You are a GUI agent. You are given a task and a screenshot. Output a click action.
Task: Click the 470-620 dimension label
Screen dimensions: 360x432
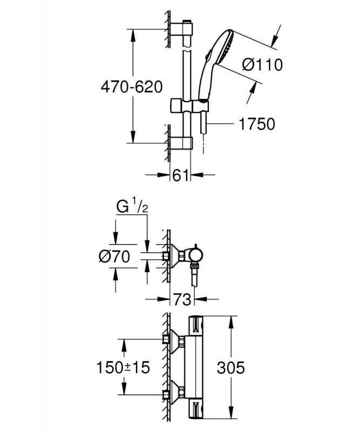pyautogui.click(x=132, y=87)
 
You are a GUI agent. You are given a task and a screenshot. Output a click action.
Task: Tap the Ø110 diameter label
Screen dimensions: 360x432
pyautogui.click(x=262, y=65)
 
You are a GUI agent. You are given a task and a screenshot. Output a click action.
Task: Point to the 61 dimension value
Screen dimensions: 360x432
pyautogui.click(x=180, y=175)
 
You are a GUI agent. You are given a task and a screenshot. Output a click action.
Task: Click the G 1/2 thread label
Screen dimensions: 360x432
pyautogui.click(x=132, y=207)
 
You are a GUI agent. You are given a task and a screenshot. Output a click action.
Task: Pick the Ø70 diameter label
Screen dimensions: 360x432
pyautogui.click(x=114, y=257)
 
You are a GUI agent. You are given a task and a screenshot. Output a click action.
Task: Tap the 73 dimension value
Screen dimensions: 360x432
pyautogui.click(x=182, y=299)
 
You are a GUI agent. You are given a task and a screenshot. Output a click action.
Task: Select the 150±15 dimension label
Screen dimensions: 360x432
pyautogui.click(x=123, y=368)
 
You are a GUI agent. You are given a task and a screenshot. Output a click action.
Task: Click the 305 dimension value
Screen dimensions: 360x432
pyautogui.click(x=231, y=368)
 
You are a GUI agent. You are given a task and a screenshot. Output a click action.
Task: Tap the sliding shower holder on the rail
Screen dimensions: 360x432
pyautogui.click(x=189, y=106)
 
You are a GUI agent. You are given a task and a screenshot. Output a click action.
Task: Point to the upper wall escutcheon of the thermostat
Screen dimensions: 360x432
pyautogui.click(x=174, y=341)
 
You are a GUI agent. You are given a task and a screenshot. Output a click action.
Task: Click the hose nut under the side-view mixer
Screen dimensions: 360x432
pyautogui.click(x=195, y=267)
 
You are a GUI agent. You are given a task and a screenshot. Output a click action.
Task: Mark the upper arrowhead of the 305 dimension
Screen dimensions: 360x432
pyautogui.click(x=232, y=321)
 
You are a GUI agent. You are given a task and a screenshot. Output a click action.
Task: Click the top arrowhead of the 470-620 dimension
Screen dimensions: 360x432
pyautogui.click(x=133, y=34)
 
